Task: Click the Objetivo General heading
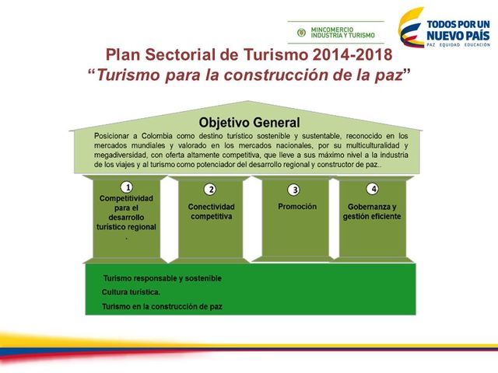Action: [x=249, y=122]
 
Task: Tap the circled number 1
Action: [x=126, y=187]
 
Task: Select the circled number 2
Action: [x=210, y=189]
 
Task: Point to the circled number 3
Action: [x=293, y=189]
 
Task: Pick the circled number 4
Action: [x=373, y=188]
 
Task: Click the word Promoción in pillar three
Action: [x=297, y=207]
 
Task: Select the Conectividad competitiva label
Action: [x=210, y=211]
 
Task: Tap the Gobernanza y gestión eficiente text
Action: [x=371, y=211]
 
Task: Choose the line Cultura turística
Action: [x=131, y=292]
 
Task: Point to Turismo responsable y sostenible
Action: [x=162, y=277]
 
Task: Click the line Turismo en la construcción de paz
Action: [x=162, y=307]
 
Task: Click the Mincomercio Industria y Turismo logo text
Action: [x=342, y=33]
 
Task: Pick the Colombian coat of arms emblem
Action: [x=299, y=33]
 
